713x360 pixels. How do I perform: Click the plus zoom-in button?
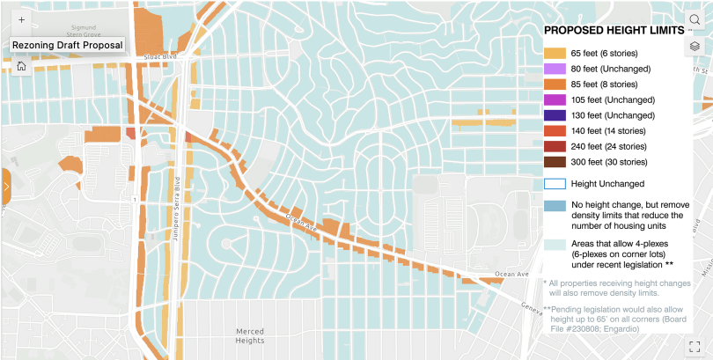[x=21, y=18]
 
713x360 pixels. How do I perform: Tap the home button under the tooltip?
[x=21, y=65]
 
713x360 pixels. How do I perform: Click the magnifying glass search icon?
[x=695, y=19]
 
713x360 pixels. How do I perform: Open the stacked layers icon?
[x=695, y=46]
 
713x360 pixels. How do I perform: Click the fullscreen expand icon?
[x=695, y=347]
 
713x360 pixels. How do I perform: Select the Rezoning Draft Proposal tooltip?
[x=67, y=45]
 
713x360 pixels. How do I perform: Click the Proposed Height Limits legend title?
[x=614, y=30]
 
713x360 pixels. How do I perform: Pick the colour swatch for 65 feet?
[x=555, y=54]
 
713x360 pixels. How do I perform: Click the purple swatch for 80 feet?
[x=555, y=69]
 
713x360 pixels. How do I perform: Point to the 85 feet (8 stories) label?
[x=604, y=84]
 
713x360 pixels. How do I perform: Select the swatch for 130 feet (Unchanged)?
[x=555, y=115]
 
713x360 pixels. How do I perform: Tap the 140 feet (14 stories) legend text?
[x=608, y=130]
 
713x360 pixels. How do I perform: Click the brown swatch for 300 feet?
[x=555, y=162]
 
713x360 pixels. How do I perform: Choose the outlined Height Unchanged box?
[x=555, y=184]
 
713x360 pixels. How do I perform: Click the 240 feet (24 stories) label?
[x=608, y=146]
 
